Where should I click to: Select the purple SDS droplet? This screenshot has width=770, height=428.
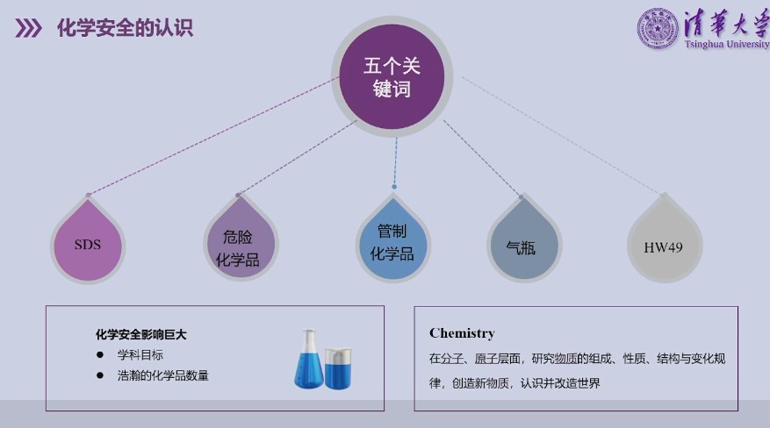[87, 245]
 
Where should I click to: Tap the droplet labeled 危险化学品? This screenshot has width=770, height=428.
[240, 245]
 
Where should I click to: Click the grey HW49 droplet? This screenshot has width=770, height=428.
[663, 246]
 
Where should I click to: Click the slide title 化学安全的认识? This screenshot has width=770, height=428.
[125, 28]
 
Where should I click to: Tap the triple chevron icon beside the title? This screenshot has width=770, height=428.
[29, 29]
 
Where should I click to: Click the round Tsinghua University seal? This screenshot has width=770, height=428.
[657, 28]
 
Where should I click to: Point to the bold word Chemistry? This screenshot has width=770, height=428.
[462, 333]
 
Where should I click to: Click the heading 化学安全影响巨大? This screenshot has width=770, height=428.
[140, 334]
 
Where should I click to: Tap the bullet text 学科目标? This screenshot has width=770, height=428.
[140, 355]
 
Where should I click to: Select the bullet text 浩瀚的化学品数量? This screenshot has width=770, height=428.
[163, 375]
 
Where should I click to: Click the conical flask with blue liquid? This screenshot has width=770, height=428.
[308, 361]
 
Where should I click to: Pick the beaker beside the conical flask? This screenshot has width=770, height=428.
[338, 367]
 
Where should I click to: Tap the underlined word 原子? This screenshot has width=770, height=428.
[489, 359]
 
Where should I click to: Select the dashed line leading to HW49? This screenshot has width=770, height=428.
[562, 133]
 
